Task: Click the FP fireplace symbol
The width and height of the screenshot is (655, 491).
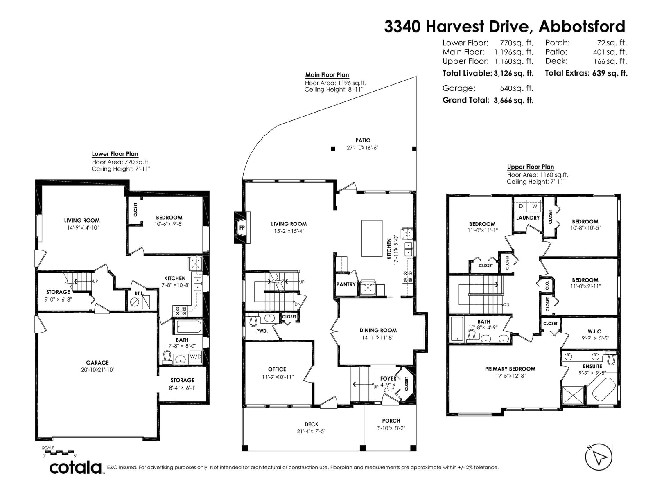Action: pos(242,227)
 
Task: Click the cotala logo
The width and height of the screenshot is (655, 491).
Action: pos(75,468)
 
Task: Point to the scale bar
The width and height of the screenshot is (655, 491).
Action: pos(59,452)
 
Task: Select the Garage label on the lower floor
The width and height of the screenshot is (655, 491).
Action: pos(97,363)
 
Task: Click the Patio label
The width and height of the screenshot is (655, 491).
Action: pos(363,140)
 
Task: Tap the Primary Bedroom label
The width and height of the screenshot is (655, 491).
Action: pos(510,369)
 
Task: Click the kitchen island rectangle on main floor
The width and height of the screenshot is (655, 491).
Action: pos(372,238)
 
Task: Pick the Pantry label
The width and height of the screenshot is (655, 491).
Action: pos(346,284)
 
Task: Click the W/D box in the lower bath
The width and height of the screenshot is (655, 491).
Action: pos(196,356)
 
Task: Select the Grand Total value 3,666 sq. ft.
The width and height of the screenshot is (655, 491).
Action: pos(513,100)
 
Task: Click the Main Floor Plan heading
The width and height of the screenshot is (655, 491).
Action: pos(327,75)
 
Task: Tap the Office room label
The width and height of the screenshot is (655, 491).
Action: pos(277,369)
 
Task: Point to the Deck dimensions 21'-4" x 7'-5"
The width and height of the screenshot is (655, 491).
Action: pos(312,431)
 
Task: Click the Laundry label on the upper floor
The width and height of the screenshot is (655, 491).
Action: pos(528,218)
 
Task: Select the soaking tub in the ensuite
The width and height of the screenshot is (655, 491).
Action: pos(603,389)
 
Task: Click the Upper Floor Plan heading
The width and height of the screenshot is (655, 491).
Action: pos(530,167)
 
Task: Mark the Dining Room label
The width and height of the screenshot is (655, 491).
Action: pos(378,330)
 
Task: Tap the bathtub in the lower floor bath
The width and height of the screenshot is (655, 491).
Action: pos(189,326)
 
